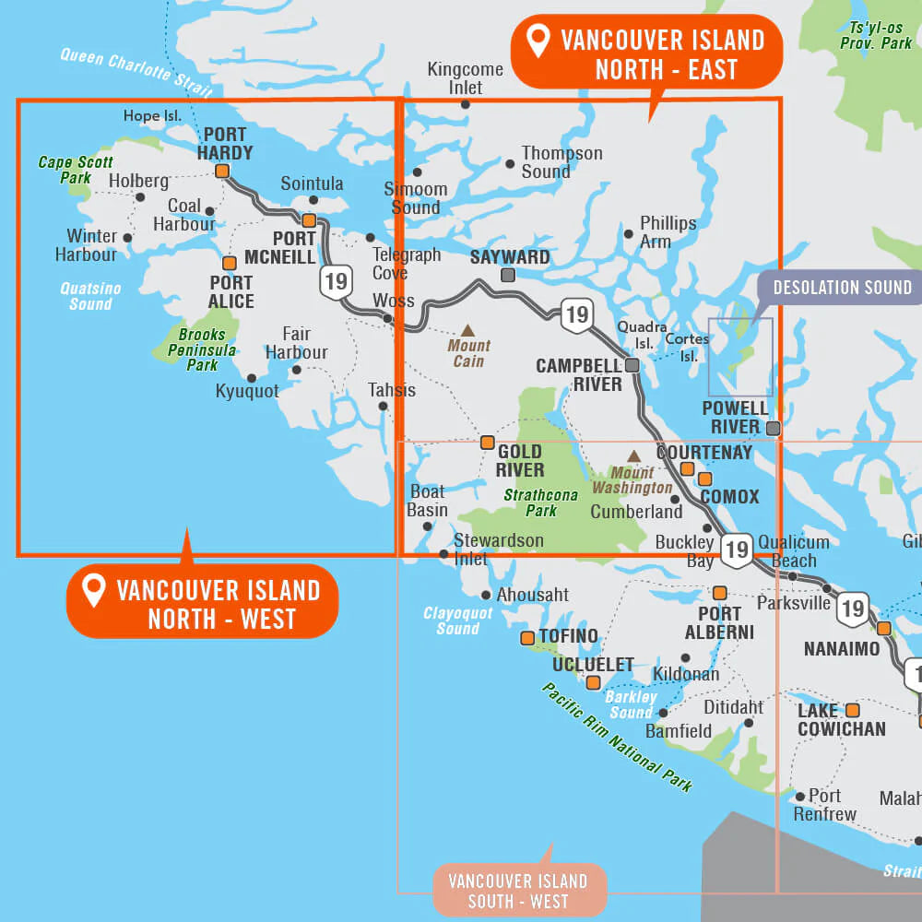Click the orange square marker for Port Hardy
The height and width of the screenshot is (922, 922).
222,171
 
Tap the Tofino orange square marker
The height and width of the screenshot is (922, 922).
527,637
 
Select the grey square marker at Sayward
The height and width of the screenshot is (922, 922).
507,275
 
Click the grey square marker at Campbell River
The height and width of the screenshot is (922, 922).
632,365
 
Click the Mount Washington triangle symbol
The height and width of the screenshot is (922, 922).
634,455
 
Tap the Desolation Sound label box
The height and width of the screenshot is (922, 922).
841,288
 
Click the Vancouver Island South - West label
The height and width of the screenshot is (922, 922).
518,891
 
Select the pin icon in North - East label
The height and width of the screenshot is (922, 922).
538,41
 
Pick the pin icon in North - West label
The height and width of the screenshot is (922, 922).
93,590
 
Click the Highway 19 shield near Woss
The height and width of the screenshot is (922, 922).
336,280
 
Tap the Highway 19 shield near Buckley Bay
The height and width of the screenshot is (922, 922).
736,550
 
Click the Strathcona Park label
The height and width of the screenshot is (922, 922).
541,502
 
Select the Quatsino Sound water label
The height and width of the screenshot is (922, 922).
90,296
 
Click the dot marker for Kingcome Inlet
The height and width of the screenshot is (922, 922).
466,104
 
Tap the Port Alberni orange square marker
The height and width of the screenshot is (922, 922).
719,592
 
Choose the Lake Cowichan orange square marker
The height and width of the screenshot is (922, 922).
852,710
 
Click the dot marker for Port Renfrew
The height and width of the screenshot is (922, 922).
799,796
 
